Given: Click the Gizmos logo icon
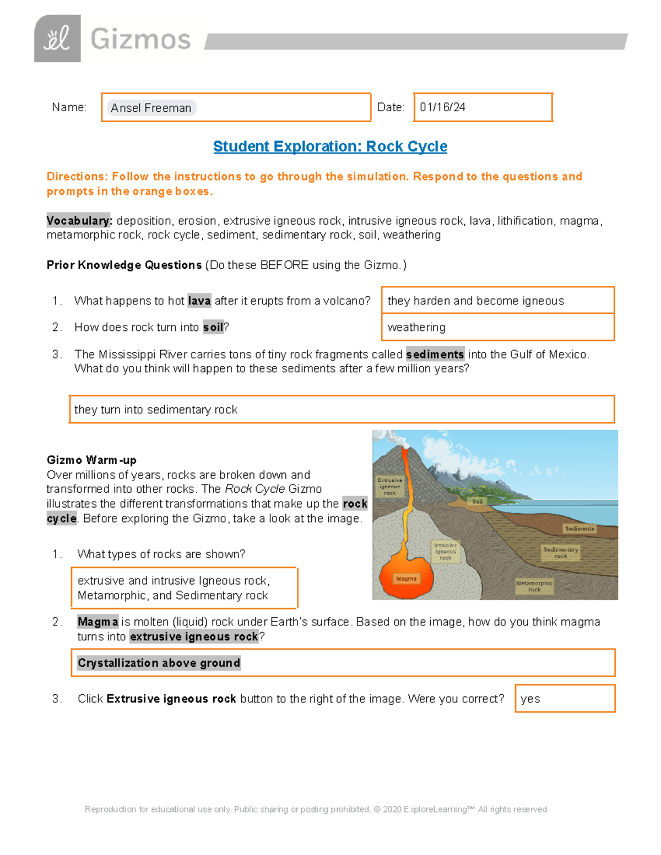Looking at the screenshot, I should tap(57, 39).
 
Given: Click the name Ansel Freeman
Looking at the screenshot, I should tap(151, 108).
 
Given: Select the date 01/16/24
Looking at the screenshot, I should tap(442, 107).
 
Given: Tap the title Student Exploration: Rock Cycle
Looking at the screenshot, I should tap(330, 146).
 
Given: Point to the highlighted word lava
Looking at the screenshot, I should tap(199, 301).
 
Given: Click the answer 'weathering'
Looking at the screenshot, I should tap(416, 327).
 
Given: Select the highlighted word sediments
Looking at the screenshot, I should tap(435, 354).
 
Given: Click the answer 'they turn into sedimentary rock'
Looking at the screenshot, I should tap(156, 410).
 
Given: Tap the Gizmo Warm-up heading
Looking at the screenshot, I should tap(91, 460).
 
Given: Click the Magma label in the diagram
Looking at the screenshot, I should tap(406, 579).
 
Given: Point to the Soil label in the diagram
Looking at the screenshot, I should tap(477, 502).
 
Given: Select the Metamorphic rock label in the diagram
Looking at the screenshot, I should tap(534, 586).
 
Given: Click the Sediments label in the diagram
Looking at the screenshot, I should tap(579, 529).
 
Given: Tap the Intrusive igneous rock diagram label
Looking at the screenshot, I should tap(445, 551).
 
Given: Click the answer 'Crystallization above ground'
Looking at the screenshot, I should tap(159, 663).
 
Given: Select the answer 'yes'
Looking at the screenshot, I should tap(530, 699).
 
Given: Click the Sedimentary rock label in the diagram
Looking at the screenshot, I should tap(561, 553).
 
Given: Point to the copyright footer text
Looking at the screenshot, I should tap(316, 809).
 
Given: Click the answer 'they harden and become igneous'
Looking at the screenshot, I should tap(475, 301).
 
